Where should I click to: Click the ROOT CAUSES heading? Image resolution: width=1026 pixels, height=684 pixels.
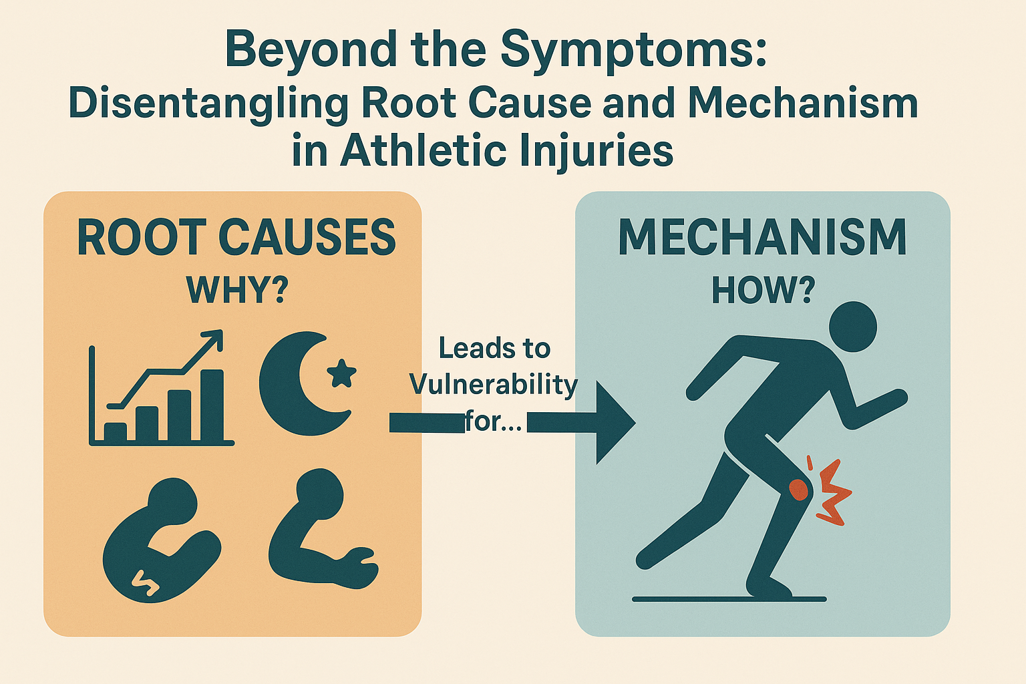tap(236, 237)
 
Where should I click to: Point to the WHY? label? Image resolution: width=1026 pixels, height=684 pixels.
tap(237, 289)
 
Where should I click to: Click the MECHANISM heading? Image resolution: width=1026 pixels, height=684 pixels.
tap(762, 237)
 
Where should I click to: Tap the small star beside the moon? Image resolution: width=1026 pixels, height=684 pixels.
tap(342, 373)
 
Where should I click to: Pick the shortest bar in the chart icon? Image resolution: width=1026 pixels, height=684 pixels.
tap(116, 432)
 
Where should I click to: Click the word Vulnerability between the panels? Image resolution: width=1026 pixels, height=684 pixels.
tap(494, 384)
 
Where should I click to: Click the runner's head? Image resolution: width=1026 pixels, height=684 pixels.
tap(853, 327)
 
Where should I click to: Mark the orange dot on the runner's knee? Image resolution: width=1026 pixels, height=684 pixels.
tap(798, 490)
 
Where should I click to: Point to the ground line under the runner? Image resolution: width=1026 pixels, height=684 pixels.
tap(729, 599)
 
